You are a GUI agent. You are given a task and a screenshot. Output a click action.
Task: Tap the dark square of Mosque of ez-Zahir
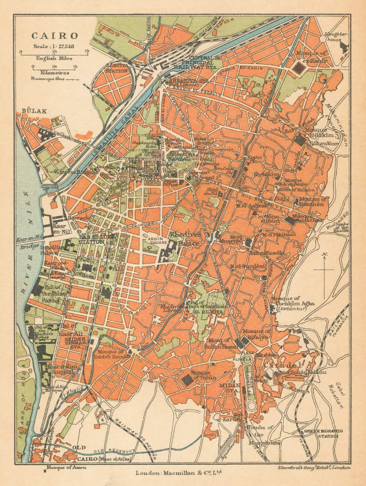(298, 69)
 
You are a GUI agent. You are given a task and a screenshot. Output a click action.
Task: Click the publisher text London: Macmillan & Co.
(181, 471)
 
